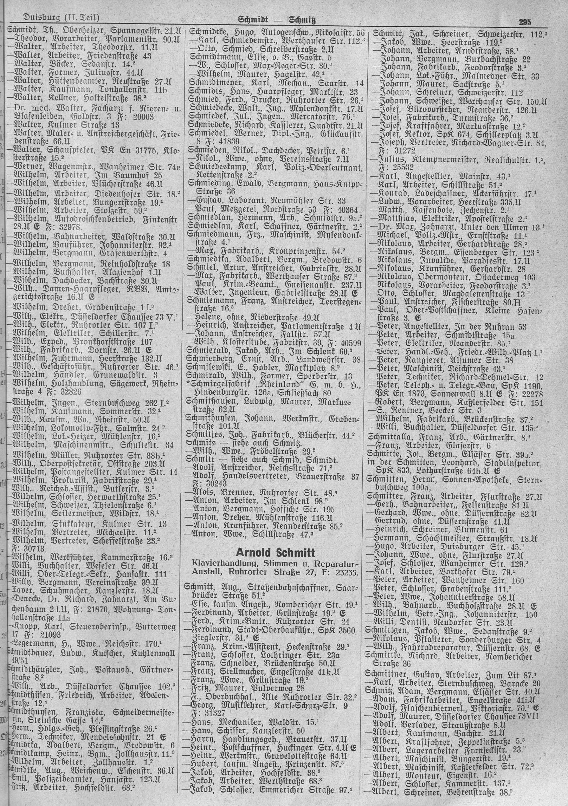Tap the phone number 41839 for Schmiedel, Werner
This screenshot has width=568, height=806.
coord(226,141)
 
